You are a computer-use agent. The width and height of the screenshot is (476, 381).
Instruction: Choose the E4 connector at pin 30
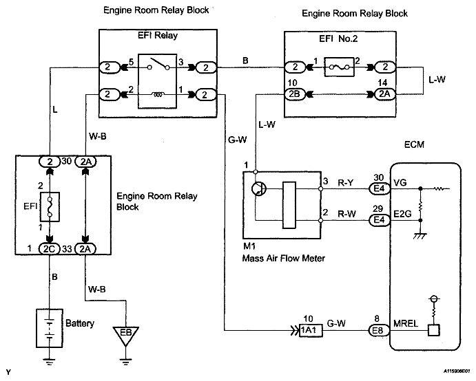coord(377,186)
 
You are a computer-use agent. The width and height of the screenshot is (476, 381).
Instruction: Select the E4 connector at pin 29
coord(377,220)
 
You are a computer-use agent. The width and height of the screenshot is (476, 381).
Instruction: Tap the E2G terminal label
coord(404,214)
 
